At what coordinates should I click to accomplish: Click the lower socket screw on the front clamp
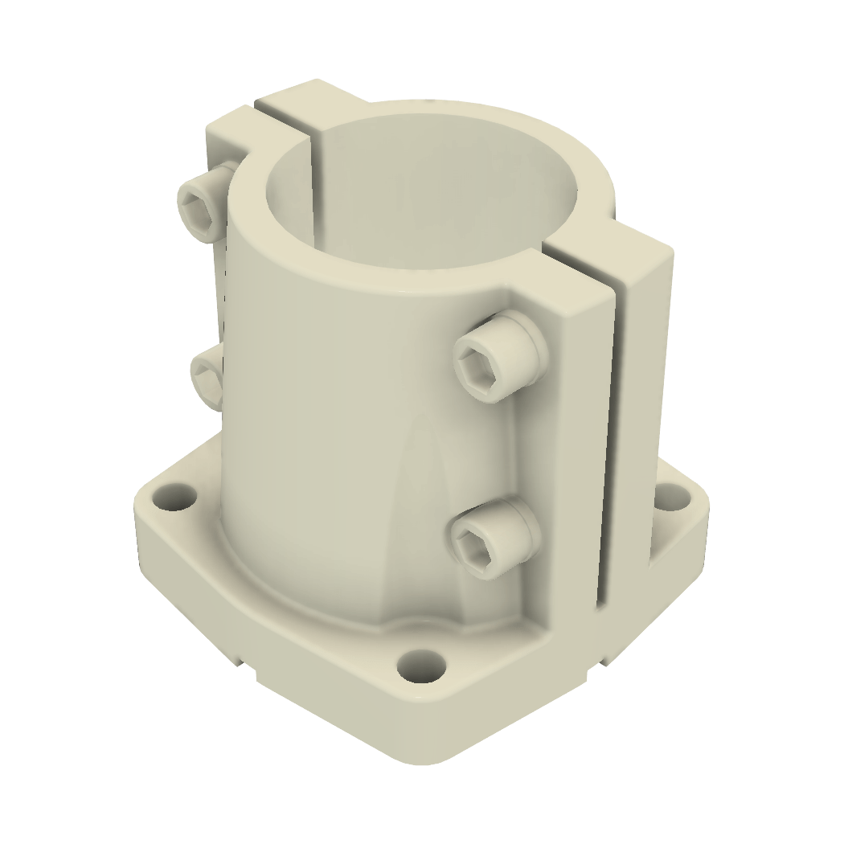pos(490,537)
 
